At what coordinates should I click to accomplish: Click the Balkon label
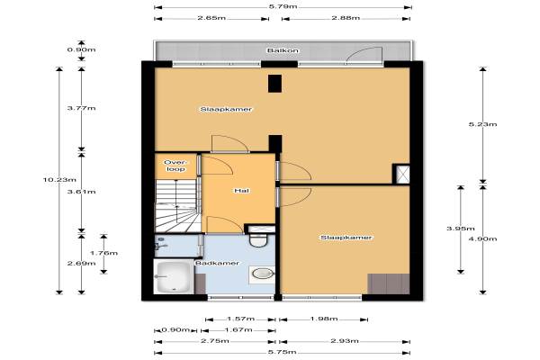click(x=283, y=50)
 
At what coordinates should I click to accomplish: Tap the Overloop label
click(x=175, y=166)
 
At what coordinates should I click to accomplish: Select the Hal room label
click(x=241, y=191)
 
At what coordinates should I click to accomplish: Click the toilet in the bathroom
click(x=258, y=238)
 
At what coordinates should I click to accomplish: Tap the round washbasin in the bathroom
click(x=263, y=274)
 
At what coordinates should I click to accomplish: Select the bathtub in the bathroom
click(x=174, y=276)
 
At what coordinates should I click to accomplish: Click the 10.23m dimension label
click(x=59, y=179)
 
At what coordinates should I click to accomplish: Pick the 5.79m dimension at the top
click(x=283, y=6)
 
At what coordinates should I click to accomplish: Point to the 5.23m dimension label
click(x=482, y=124)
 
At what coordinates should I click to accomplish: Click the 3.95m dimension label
click(x=461, y=229)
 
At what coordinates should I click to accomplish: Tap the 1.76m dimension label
click(x=103, y=253)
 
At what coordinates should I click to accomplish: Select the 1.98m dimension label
click(x=324, y=319)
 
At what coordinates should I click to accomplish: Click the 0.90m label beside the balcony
click(x=81, y=49)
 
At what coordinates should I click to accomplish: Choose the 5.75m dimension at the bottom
click(x=283, y=352)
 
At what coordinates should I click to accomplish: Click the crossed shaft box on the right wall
click(x=401, y=174)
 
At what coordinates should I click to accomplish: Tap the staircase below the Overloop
click(x=178, y=206)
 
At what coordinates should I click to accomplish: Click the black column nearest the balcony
click(x=274, y=84)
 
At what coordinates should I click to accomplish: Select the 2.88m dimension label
click(x=346, y=18)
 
